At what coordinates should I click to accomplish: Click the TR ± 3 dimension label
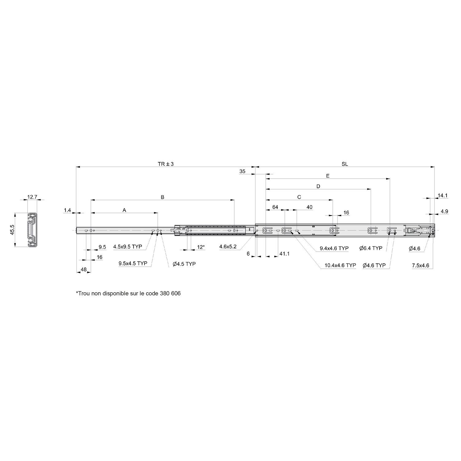(166, 164)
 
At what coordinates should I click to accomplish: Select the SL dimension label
(345, 164)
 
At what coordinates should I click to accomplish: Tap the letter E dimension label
(328, 176)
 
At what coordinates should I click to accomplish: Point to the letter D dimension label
(318, 186)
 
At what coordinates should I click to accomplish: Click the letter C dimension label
(299, 197)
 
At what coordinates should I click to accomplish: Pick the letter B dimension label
(163, 197)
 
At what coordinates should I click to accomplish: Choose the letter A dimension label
(124, 210)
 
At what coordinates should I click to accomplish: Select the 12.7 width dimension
(32, 197)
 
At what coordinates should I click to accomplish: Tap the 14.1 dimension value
(443, 195)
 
